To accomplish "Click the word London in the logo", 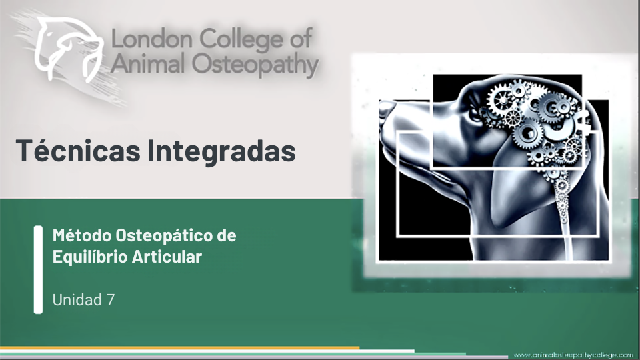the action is click(x=151, y=39).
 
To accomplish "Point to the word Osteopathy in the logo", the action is click(x=255, y=65).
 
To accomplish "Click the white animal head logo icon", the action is click(x=67, y=49).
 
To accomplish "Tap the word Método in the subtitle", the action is click(x=81, y=235).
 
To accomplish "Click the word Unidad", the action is click(x=77, y=300).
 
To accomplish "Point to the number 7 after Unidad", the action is click(x=110, y=300).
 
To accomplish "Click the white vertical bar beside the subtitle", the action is click(x=38, y=269).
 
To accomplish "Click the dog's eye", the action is click(x=474, y=111).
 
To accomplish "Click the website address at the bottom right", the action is click(x=573, y=355).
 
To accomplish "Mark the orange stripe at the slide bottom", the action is click(x=179, y=348).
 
